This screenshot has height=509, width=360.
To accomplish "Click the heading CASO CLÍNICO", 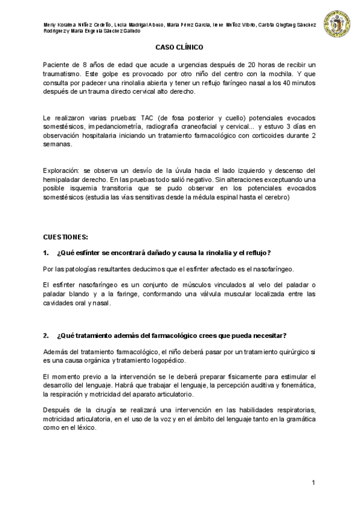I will tap(179, 46).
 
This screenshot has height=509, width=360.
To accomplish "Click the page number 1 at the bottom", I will tap(313, 483).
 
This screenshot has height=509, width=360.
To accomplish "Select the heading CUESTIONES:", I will tap(66, 237).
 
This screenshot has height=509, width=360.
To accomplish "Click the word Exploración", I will tap(63, 171).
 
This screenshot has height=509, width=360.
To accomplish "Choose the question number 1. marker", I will tap(46, 252).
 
